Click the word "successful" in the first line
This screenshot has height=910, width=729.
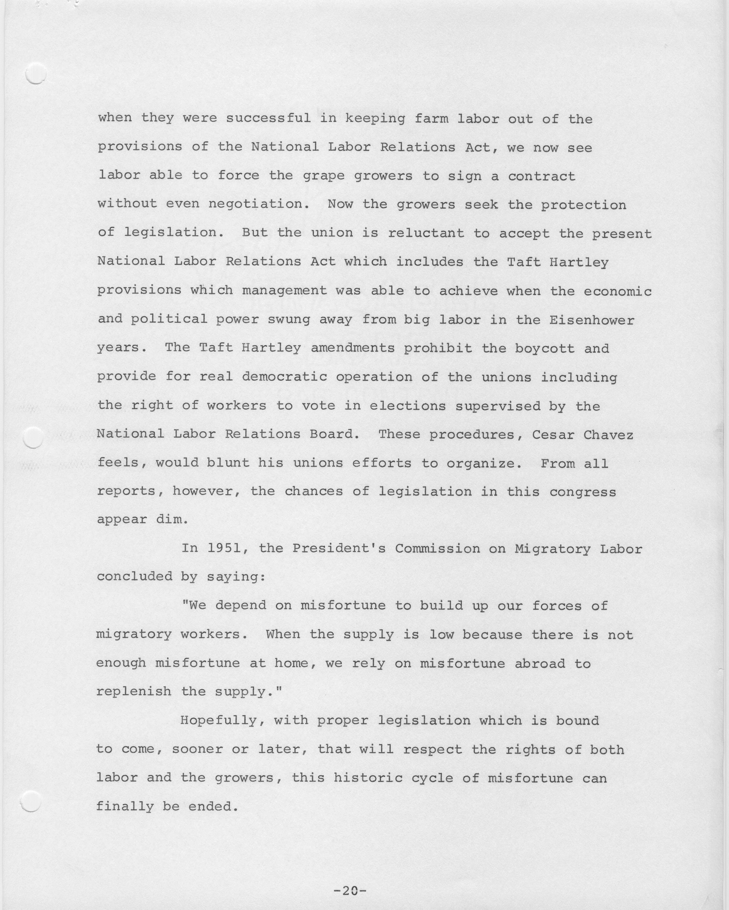tap(268, 118)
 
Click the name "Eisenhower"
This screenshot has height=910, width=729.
tap(592, 320)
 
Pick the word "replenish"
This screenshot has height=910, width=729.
tap(134, 692)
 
